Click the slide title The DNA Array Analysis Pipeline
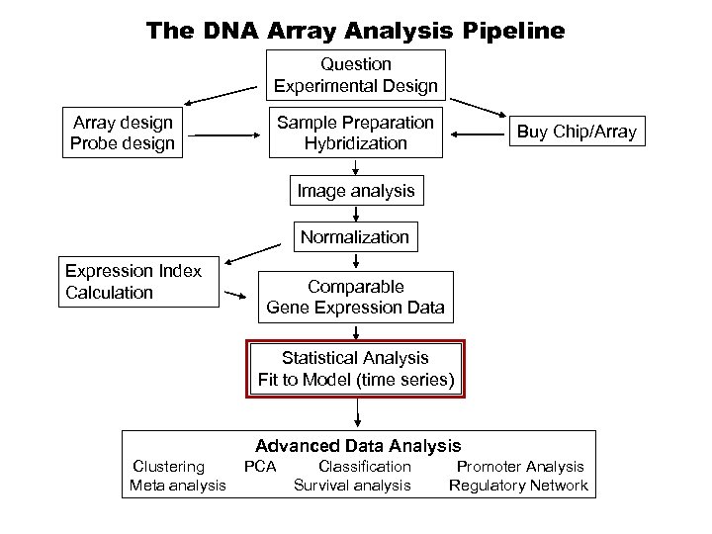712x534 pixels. coord(356,30)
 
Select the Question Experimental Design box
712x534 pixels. coord(355,75)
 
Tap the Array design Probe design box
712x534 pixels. coord(124,133)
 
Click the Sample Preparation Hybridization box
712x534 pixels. coord(355,133)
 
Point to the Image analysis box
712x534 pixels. coord(355,189)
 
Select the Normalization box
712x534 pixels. coord(355,237)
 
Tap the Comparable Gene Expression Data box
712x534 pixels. coord(355,298)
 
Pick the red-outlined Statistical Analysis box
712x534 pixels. coord(355,368)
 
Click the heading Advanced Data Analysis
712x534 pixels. coord(358,446)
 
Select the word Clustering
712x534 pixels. coord(169,466)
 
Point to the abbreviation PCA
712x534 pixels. coord(260,466)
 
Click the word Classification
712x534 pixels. coord(364,466)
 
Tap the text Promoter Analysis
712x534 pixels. coord(520,466)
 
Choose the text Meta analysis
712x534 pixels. coord(177,485)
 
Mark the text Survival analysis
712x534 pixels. coord(352,485)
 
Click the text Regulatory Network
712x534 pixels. coord(518,485)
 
